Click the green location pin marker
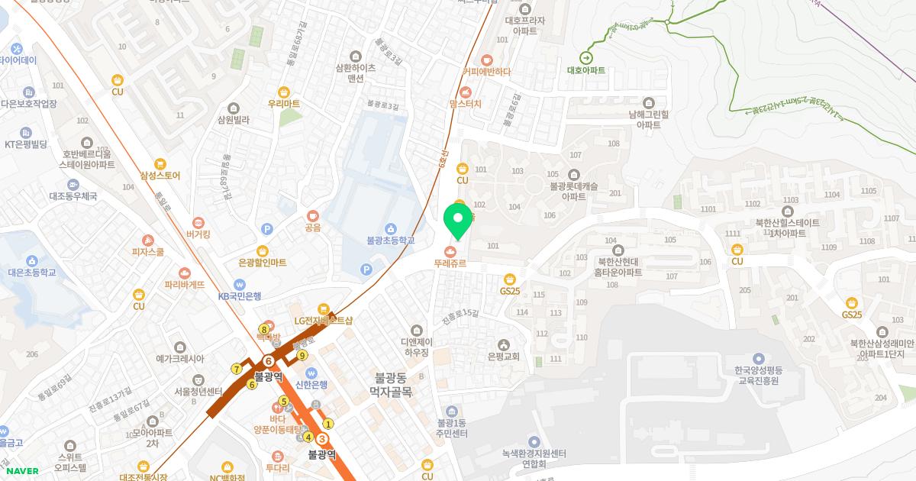pyautogui.click(x=457, y=220)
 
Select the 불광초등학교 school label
pyautogui.click(x=390, y=240)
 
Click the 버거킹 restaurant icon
pyautogui.click(x=198, y=222)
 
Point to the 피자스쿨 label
pyautogui.click(x=147, y=251)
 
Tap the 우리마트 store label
pyautogui.click(x=283, y=103)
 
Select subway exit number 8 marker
pyautogui.click(x=264, y=329)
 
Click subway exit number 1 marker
pyautogui.click(x=329, y=424)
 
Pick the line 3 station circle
pyautogui.click(x=322, y=439)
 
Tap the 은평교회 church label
pyautogui.click(x=503, y=356)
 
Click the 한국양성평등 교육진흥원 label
pyautogui.click(x=758, y=375)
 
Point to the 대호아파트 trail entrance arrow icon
pyautogui.click(x=585, y=57)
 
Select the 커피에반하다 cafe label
pyautogui.click(x=486, y=72)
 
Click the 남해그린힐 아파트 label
pyautogui.click(x=649, y=119)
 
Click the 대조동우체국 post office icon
pyautogui.click(x=73, y=185)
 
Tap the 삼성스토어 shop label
pyautogui.click(x=160, y=176)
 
